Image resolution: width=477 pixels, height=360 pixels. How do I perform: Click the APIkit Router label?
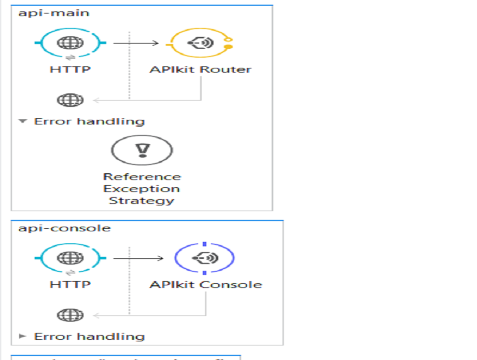point(200,70)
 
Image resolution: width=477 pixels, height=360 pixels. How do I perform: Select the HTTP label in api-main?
point(70,70)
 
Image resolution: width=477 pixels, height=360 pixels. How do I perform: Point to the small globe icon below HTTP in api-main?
point(70,100)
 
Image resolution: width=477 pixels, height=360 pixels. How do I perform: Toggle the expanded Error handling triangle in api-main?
point(22,121)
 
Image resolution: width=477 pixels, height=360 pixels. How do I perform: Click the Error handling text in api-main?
point(89,121)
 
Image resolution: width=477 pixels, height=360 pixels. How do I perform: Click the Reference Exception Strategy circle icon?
point(142,149)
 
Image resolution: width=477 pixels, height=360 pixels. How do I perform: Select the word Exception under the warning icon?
point(142,189)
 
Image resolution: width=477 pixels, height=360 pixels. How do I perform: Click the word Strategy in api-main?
point(142,201)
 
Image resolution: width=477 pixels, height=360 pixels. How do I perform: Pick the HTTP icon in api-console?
point(70,257)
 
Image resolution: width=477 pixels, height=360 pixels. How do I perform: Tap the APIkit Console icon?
point(204,257)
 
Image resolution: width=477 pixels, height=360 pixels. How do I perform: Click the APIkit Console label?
point(206,284)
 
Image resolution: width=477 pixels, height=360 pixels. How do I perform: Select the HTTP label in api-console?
point(70,284)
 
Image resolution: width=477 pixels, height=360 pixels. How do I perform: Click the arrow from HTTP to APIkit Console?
point(138,257)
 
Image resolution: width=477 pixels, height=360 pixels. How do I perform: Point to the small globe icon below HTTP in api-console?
point(70,314)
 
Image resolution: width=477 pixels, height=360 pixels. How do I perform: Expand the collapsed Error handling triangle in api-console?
point(22,336)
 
